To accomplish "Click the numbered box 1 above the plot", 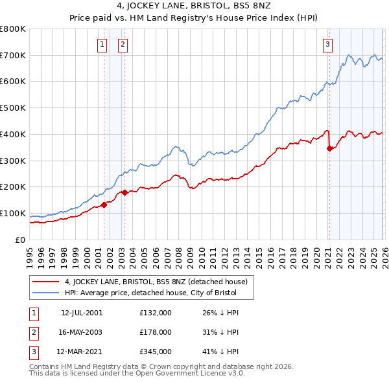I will [102, 45].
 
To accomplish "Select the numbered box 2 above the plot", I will [123, 45].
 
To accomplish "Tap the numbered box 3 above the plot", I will [327, 45].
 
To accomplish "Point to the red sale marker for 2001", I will [104, 205].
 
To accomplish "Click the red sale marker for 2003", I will [124, 192].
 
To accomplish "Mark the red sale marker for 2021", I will [329, 148].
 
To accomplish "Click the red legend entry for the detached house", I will [156, 282].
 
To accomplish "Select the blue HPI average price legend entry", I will [150, 293].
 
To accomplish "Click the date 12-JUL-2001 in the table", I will [82, 313].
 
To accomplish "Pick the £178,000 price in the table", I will [156, 332].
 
